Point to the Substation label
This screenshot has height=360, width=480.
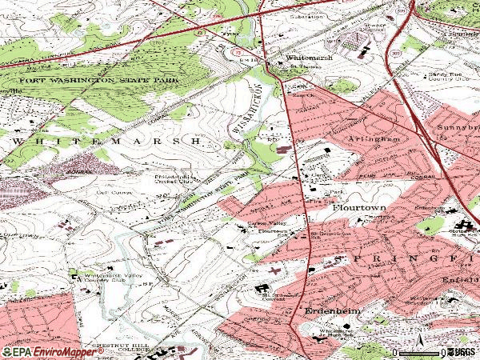click(301, 14)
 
